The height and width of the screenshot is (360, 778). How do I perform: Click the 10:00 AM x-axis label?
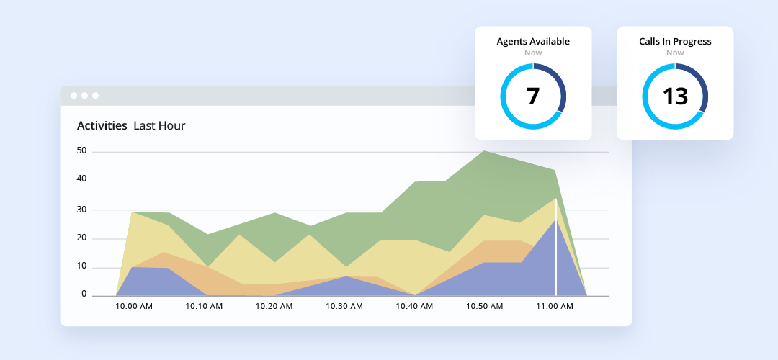[x=133, y=306]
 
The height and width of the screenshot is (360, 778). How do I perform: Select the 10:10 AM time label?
[x=204, y=306]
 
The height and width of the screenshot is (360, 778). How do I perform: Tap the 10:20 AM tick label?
[x=274, y=306]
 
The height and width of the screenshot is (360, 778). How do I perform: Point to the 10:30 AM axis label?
[x=344, y=306]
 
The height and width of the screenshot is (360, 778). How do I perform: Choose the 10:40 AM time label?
[x=415, y=306]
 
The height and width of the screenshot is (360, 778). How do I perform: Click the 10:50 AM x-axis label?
[x=485, y=306]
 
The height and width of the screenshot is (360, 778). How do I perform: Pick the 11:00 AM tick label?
[x=555, y=306]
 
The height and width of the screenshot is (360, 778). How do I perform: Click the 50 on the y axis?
[x=81, y=151]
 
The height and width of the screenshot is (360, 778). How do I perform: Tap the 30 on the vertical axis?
[x=81, y=210]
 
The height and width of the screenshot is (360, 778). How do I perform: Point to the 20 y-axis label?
[x=81, y=238]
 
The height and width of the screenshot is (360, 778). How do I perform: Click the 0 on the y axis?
[x=84, y=294]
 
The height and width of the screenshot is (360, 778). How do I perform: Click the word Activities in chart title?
[x=102, y=126]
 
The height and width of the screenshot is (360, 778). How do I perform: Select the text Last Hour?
[x=159, y=126]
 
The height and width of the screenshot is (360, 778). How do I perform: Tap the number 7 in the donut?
[x=533, y=96]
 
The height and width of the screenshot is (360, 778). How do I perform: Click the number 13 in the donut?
[x=675, y=96]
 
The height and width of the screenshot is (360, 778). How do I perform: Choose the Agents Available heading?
[x=533, y=42]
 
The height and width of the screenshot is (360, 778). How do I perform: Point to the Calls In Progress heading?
[x=675, y=42]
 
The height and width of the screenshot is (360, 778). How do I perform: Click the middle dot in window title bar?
[x=84, y=96]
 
